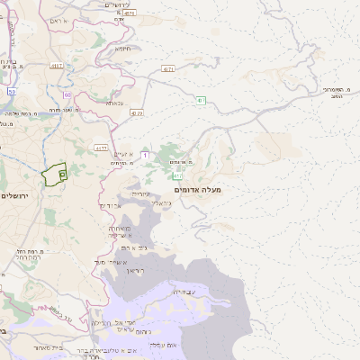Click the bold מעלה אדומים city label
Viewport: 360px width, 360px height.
click(200, 190)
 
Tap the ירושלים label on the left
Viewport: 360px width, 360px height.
click(15, 195)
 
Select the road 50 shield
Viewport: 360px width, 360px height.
click(12, 91)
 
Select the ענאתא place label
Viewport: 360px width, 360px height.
click(115, 103)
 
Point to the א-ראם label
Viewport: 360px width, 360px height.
click(58, 20)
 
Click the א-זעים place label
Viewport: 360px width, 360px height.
click(124, 155)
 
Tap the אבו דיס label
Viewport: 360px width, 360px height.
click(107, 206)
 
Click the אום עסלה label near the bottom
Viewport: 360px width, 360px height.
click(168, 345)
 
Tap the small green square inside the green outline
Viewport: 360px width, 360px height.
click(62, 172)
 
